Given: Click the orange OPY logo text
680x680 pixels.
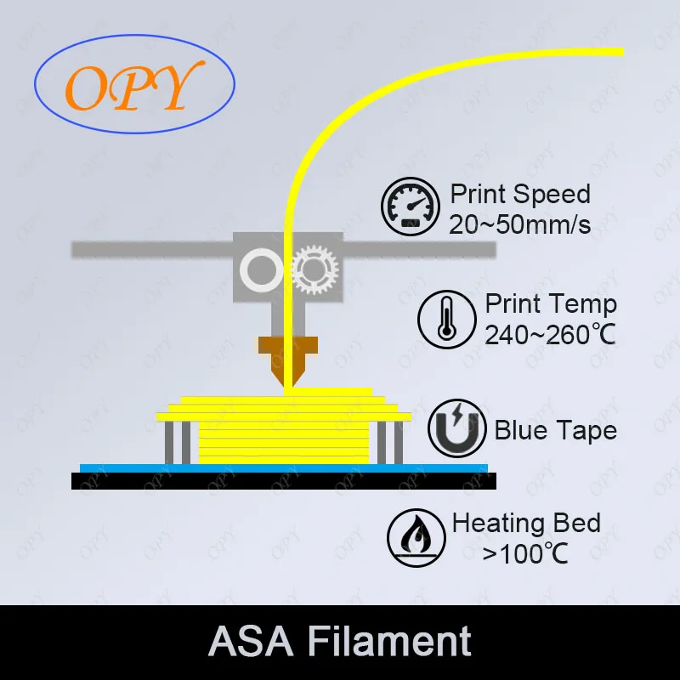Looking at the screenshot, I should click(127, 87).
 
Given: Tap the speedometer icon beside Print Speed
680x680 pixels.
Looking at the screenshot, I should click(410, 206).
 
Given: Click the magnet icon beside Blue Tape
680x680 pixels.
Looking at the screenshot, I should click(456, 430).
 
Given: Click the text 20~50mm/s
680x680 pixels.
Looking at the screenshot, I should click(520, 224).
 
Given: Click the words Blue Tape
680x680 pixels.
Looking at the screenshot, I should click(555, 430).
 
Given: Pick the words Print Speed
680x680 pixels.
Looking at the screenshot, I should click(520, 194).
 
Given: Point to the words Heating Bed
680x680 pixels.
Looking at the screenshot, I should click(526, 523).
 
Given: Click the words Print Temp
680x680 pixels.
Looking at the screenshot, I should click(551, 304).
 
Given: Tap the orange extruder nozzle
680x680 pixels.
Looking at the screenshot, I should click(288, 357).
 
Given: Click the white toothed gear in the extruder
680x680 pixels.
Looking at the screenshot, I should click(314, 271).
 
